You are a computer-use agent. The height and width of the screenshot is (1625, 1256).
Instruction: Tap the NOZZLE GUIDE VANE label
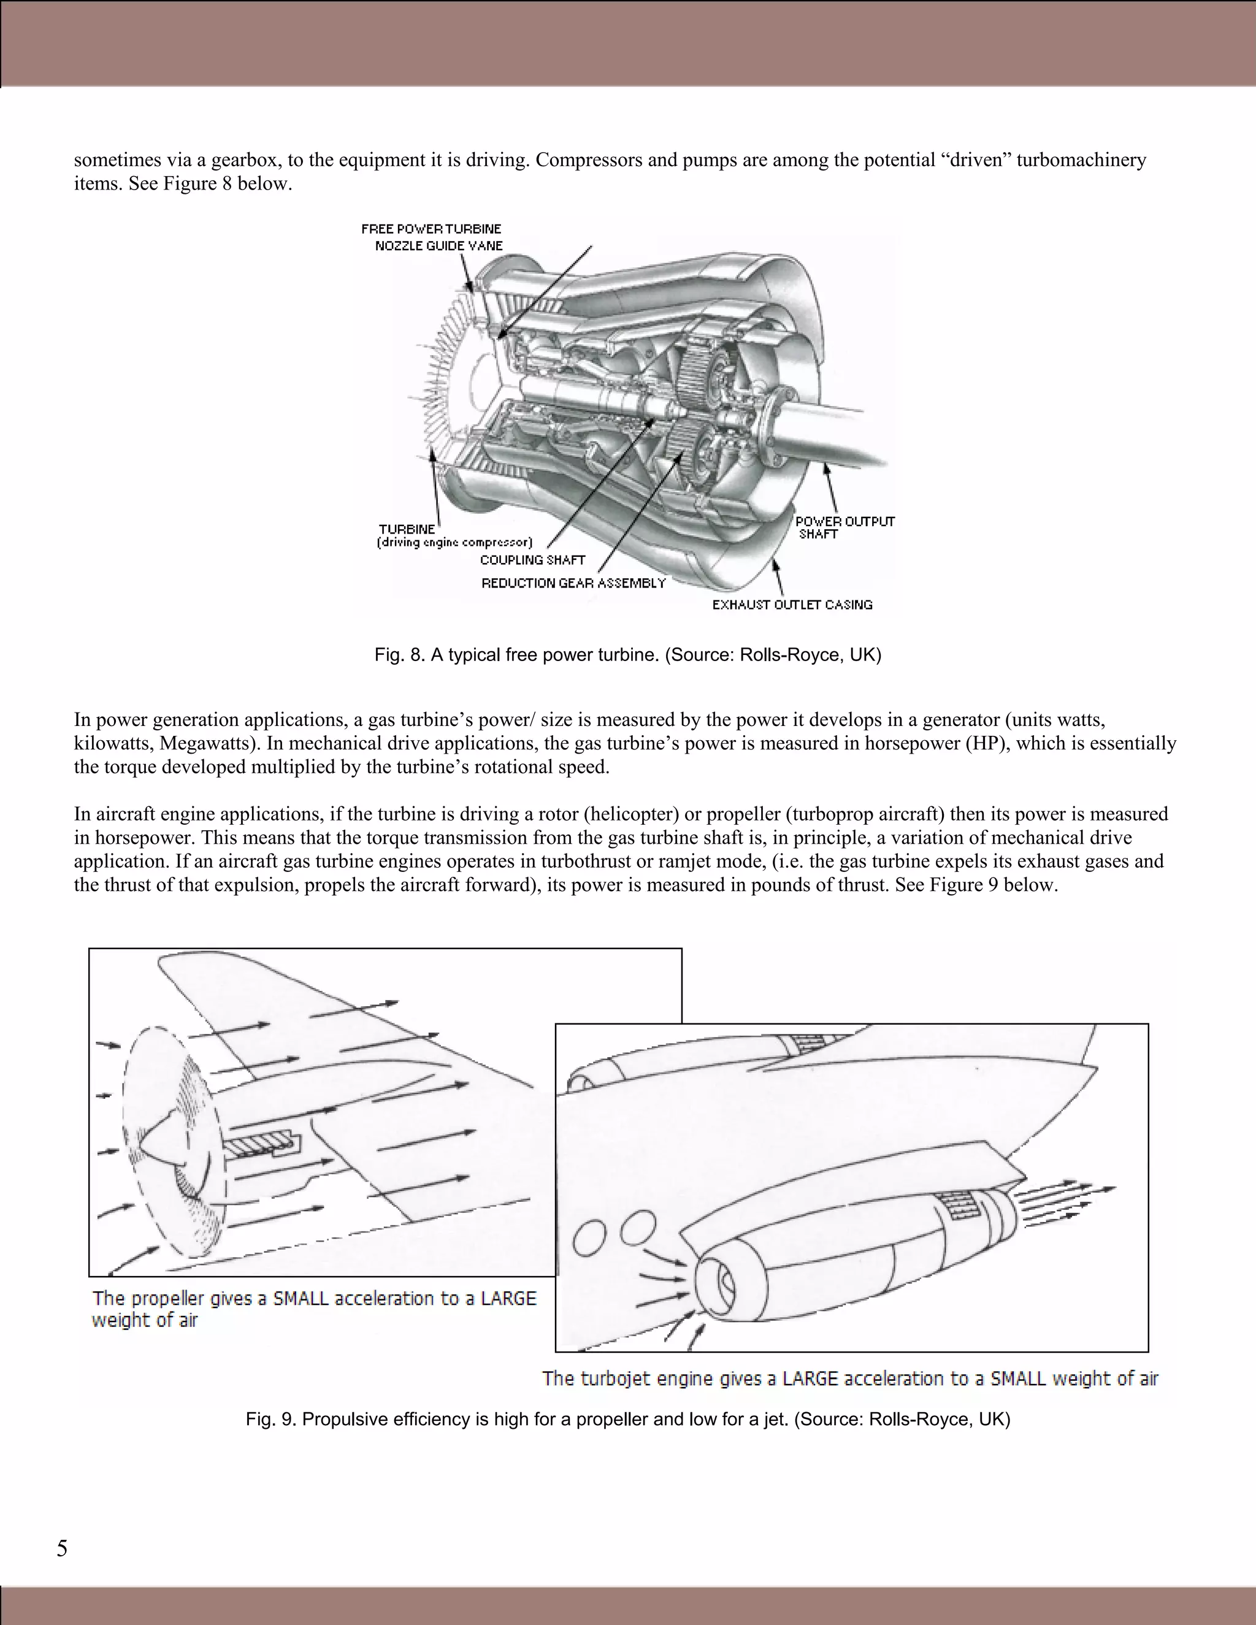coord(438,245)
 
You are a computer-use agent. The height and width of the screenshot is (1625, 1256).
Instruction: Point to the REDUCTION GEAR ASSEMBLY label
coord(573,583)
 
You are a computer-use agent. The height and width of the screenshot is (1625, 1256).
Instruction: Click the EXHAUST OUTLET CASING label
coord(792,604)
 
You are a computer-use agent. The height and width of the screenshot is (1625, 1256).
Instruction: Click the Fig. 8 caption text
coord(627,655)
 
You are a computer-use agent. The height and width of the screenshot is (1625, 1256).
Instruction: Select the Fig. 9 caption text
coord(627,1419)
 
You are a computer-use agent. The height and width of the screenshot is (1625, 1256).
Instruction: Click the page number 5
coord(62,1548)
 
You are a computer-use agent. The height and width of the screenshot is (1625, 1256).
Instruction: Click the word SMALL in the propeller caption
coord(301,1298)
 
